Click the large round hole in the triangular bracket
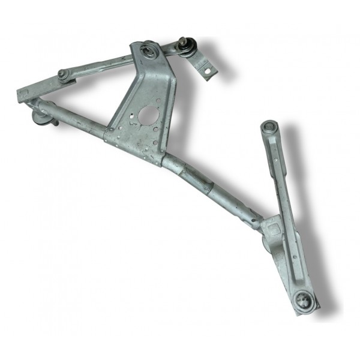click(146, 114)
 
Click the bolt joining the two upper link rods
click(62, 74)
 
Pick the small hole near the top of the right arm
click(275, 160)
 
